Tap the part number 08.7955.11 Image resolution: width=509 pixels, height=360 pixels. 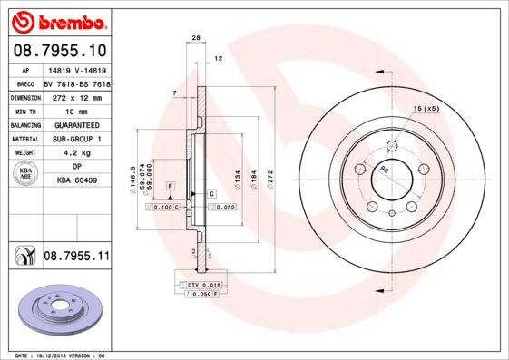(x=76, y=258)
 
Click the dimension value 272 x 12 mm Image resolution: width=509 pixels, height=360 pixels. (x=75, y=96)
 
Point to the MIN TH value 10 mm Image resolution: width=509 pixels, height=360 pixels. (x=75, y=110)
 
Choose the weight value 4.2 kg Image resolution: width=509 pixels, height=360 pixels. (x=75, y=153)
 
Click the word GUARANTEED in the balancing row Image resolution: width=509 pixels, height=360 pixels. (x=75, y=124)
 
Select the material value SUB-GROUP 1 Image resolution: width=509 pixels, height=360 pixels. (x=75, y=139)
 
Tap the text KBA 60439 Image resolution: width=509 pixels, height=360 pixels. (x=75, y=181)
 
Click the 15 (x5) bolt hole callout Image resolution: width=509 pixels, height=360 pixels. (x=426, y=109)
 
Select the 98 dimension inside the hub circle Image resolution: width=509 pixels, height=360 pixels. (x=384, y=169)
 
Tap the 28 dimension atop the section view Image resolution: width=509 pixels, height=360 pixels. (x=195, y=38)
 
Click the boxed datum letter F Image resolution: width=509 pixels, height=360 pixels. (x=170, y=185)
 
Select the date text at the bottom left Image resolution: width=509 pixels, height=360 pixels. (x=55, y=355)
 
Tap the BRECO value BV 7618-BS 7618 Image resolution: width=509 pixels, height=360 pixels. (x=75, y=82)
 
